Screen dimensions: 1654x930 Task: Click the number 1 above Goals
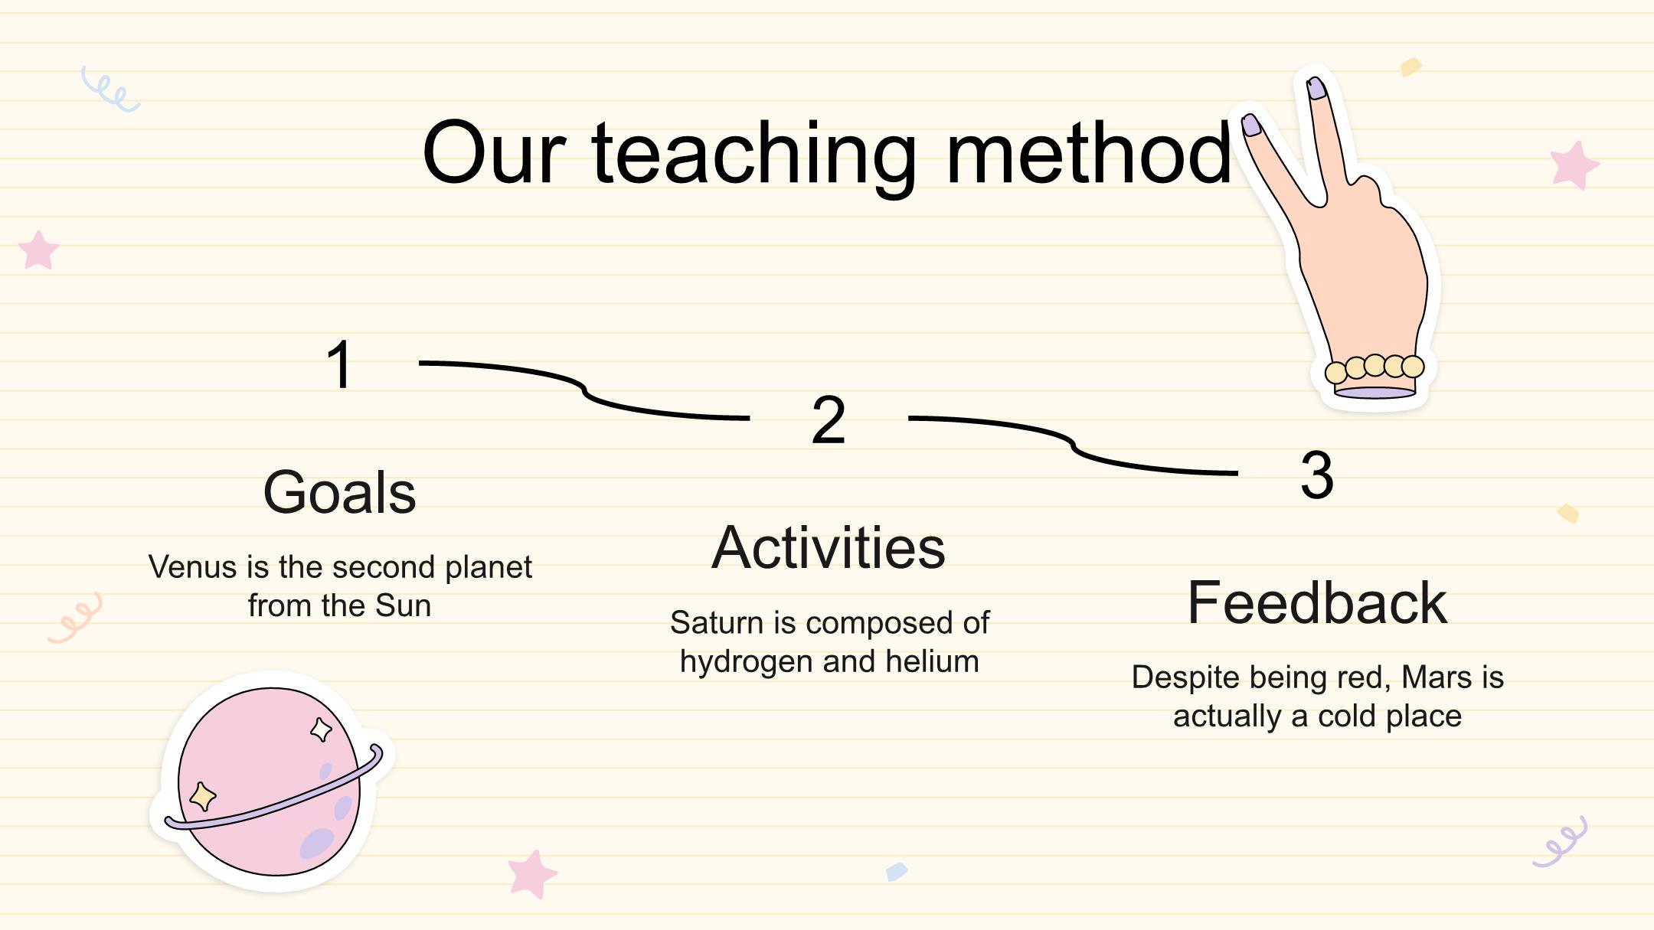pyautogui.click(x=339, y=365)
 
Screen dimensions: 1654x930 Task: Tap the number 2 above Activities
pyautogui.click(x=829, y=419)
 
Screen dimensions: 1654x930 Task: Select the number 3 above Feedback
pyautogui.click(x=1317, y=475)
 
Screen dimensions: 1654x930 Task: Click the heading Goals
pyautogui.click(x=339, y=492)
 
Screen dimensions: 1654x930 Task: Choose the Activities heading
pyautogui.click(x=829, y=547)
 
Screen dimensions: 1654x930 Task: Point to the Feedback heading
pyautogui.click(x=1317, y=602)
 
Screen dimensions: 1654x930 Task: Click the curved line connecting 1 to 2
pyautogui.click(x=584, y=390)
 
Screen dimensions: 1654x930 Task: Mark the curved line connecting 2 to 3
pyautogui.click(x=1073, y=445)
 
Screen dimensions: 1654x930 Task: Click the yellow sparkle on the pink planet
pyautogui.click(x=202, y=796)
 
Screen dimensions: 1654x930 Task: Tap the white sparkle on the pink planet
pyautogui.click(x=322, y=729)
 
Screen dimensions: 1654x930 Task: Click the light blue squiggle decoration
pyautogui.click(x=110, y=90)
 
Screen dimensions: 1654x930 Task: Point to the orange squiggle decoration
pyautogui.click(x=75, y=617)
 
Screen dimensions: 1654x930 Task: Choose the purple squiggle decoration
pyautogui.click(x=1560, y=842)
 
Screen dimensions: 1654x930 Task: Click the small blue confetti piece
pyautogui.click(x=897, y=872)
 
